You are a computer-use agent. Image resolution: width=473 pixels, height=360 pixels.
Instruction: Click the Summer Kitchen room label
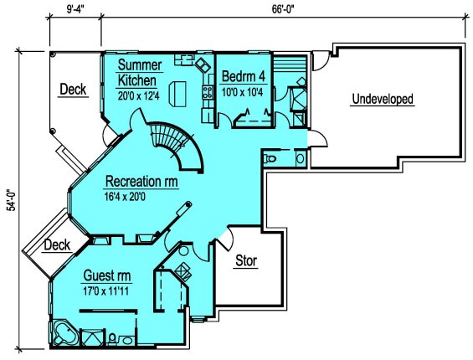tap(139, 73)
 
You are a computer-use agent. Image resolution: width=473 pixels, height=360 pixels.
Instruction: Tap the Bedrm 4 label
tap(244, 76)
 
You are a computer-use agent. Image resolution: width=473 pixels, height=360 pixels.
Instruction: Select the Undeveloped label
tap(383, 99)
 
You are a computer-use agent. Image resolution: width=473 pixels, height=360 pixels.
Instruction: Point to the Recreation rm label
tap(141, 182)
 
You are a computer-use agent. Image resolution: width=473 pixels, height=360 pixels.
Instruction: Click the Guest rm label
tap(107, 275)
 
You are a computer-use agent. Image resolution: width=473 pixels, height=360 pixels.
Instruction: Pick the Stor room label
tap(246, 260)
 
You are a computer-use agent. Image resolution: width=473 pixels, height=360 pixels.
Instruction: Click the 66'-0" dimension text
tap(283, 9)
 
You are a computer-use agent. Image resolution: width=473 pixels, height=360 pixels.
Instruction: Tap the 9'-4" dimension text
tap(75, 9)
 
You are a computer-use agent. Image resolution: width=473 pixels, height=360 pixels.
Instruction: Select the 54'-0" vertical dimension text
tap(11, 200)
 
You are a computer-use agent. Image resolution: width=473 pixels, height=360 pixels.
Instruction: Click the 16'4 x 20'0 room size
tap(125, 197)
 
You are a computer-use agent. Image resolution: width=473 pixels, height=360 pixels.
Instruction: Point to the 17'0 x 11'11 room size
tap(105, 291)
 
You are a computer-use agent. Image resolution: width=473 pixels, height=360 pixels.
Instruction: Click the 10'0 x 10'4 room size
tap(242, 92)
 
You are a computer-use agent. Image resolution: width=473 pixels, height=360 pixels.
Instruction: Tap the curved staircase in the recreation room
tap(177, 145)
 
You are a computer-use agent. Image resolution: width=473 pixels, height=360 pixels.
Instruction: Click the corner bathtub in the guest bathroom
tap(65, 334)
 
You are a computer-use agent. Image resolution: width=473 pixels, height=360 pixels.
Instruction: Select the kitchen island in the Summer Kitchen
tap(177, 94)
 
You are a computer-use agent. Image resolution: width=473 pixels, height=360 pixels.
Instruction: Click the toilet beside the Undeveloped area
tap(270, 158)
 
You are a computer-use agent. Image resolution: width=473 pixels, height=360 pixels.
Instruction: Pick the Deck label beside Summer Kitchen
tap(73, 90)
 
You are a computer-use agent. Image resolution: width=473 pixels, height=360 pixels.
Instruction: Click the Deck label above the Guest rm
tap(57, 245)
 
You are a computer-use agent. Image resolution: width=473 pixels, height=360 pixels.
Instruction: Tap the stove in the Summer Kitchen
tap(208, 92)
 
